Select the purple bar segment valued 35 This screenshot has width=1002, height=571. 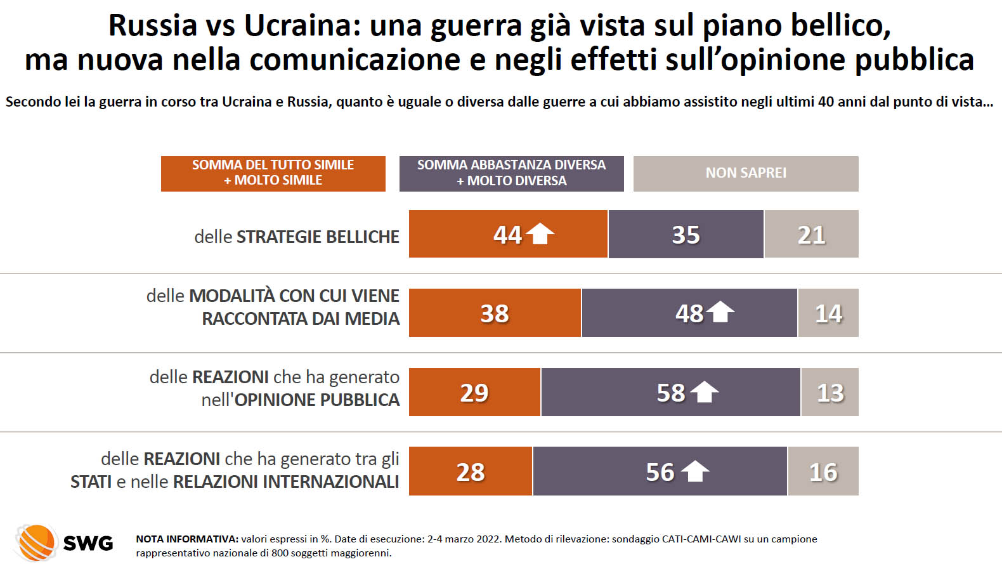686,234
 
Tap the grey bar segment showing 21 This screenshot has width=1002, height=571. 811,234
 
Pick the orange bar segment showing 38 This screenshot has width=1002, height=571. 495,313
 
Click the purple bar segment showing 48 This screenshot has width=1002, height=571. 689,313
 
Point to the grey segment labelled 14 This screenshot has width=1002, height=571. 828,313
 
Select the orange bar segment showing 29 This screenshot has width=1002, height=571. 474,392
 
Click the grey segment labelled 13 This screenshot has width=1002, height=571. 830,392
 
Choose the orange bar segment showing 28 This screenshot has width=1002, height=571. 470,471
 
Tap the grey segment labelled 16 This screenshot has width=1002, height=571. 823,471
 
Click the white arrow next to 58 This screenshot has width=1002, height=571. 704,392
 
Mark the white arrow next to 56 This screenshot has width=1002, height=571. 694,471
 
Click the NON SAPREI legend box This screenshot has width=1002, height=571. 746,173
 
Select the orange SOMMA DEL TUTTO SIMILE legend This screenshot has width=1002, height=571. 273,173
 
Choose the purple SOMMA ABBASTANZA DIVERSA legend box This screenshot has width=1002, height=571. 511,173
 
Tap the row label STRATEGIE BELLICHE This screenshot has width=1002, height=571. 318,237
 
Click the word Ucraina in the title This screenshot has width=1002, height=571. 297,25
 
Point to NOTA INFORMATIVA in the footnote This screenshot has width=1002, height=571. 186,539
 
